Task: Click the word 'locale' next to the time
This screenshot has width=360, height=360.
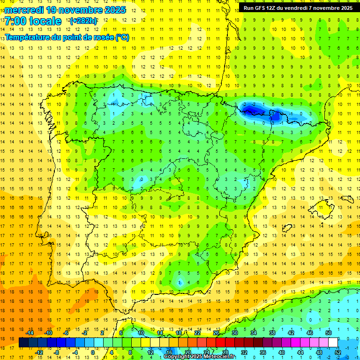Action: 45,21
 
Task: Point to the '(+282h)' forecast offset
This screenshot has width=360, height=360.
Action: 83,21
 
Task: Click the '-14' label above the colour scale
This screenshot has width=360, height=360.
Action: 30,333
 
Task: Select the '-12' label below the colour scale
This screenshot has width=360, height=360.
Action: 39,352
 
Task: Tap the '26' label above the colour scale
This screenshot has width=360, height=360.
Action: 216,333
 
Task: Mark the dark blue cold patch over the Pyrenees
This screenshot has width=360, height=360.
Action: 253,110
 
